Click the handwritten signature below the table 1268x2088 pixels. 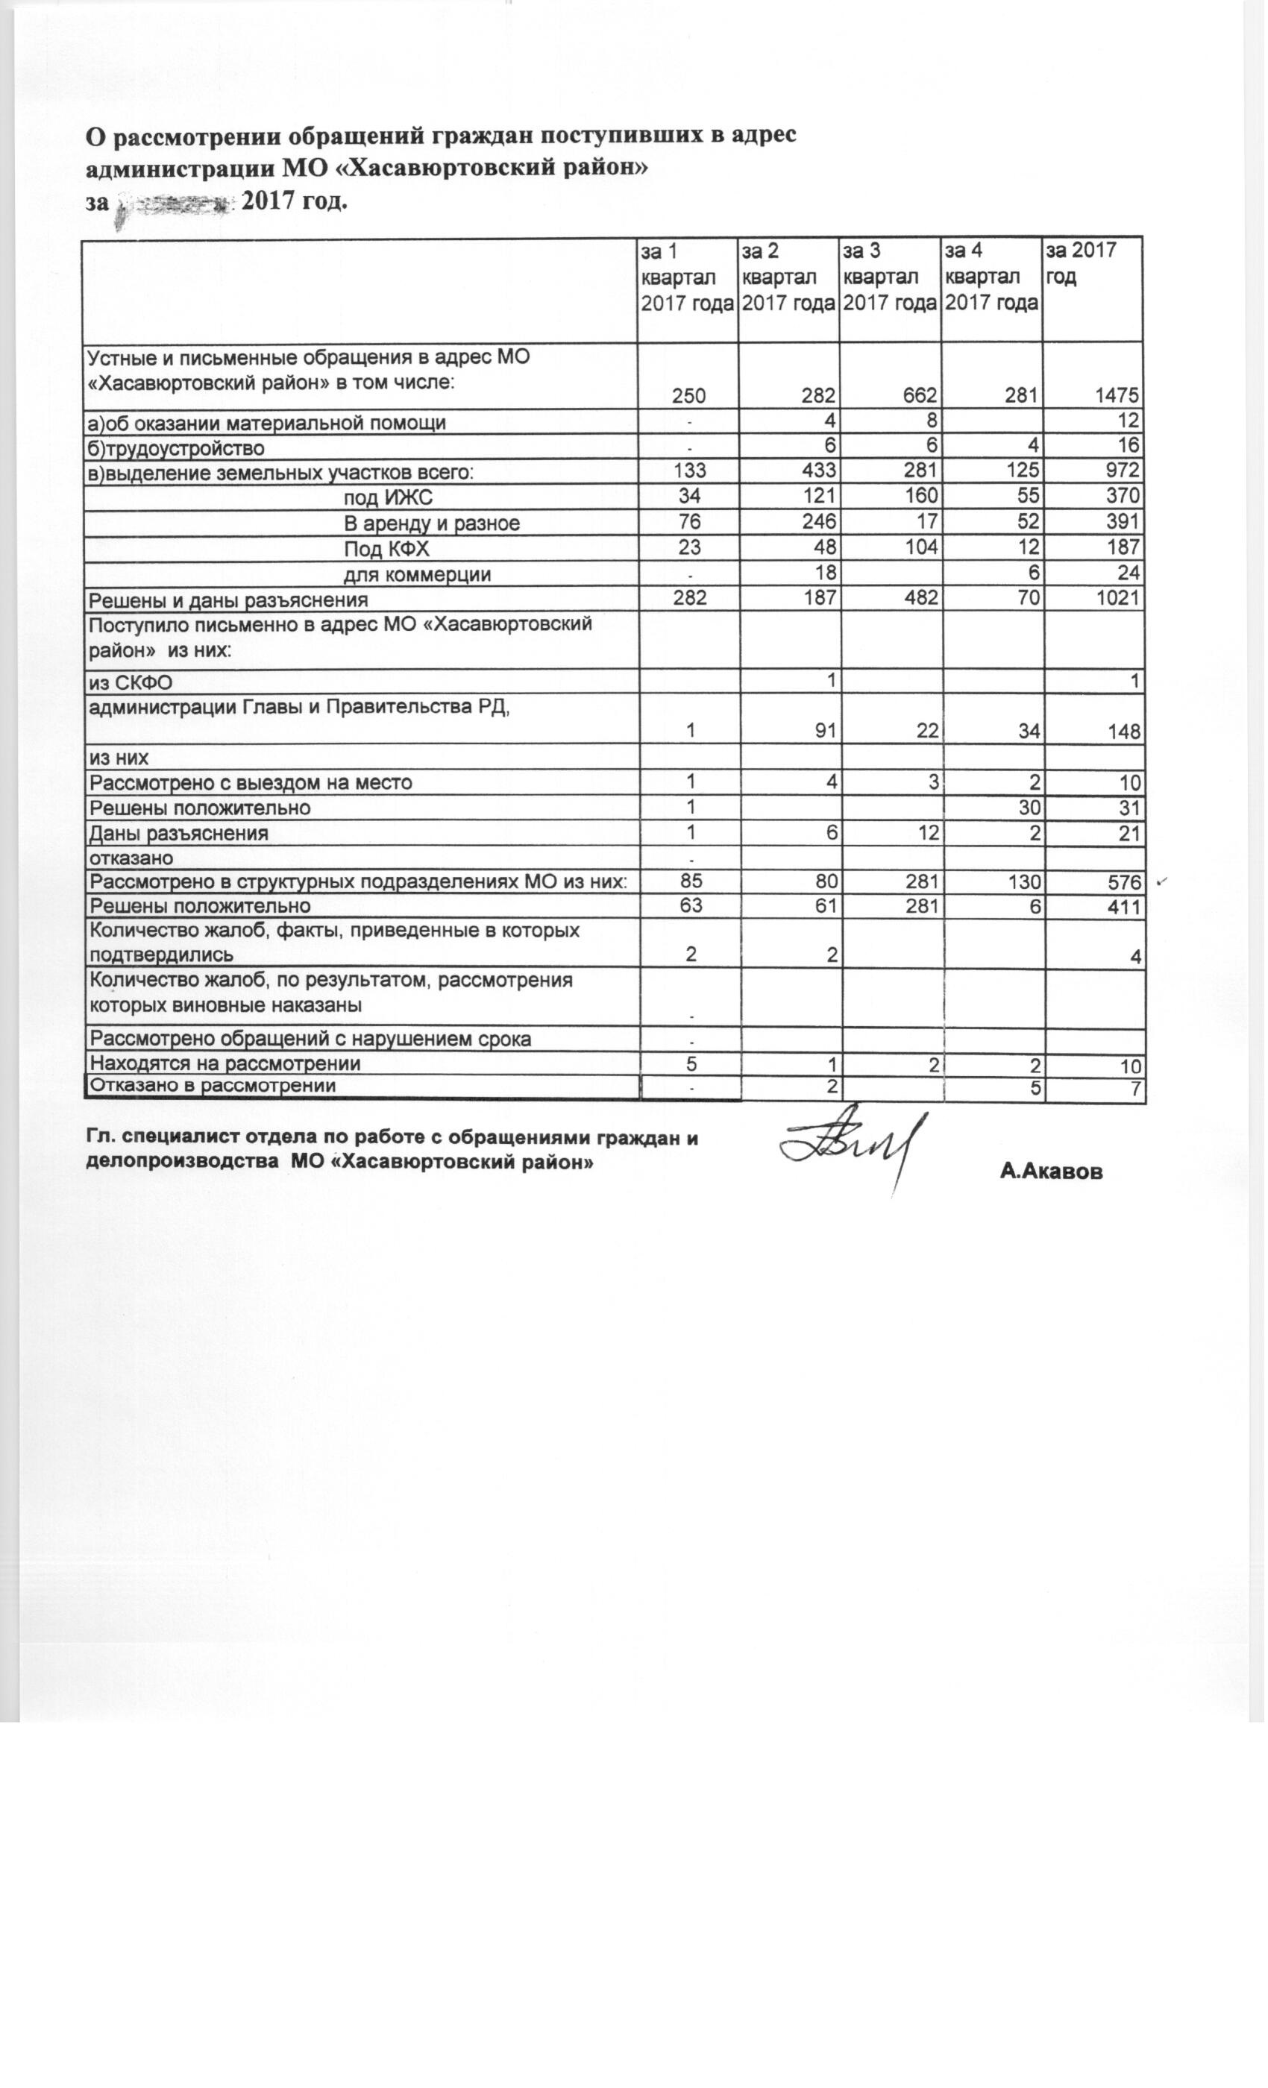[852, 1145]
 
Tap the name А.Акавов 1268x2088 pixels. [1051, 1172]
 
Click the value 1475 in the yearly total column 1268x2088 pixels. [1117, 396]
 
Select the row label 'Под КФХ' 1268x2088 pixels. [386, 549]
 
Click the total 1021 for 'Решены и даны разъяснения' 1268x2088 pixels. [1117, 598]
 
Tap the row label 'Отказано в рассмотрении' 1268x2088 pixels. [213, 1086]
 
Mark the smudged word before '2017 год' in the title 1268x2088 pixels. [174, 204]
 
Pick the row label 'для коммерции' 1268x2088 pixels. [417, 574]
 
